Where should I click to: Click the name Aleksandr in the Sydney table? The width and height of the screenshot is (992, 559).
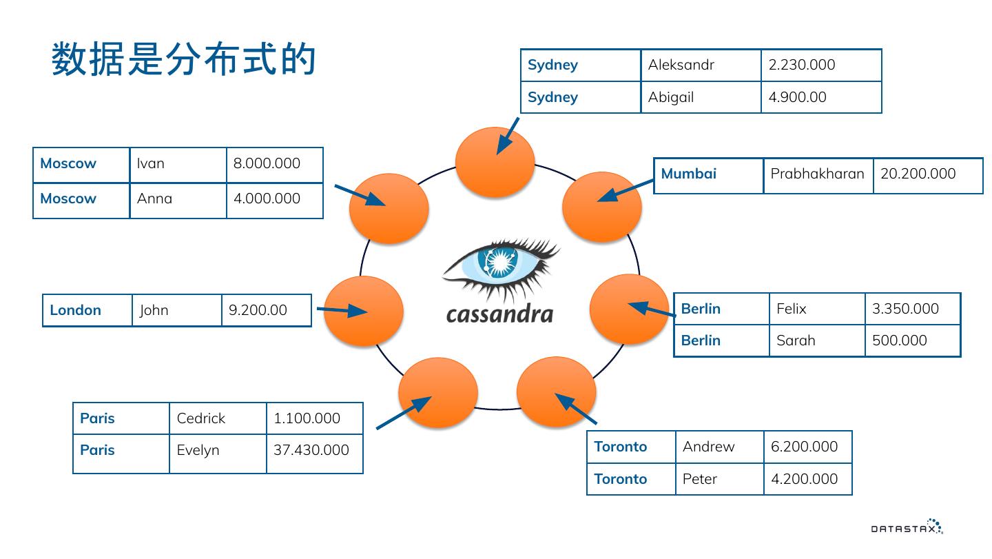click(x=681, y=65)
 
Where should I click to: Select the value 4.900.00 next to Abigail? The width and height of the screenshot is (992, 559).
click(x=797, y=97)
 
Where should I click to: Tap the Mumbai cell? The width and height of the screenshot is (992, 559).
click(x=689, y=174)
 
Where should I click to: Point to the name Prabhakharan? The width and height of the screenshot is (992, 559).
click(x=817, y=174)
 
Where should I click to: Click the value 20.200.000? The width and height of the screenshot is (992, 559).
click(x=918, y=174)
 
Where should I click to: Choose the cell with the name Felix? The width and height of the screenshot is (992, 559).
click(x=791, y=309)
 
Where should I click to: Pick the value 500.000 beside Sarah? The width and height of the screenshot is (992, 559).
click(x=899, y=341)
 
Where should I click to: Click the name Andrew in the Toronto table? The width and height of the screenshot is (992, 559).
click(x=708, y=447)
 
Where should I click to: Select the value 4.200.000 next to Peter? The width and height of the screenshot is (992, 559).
click(x=804, y=479)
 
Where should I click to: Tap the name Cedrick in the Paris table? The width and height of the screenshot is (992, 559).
click(x=200, y=418)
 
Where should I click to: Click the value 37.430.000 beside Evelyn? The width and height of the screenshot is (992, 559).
click(x=311, y=450)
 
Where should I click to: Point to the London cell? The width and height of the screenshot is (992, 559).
click(x=76, y=310)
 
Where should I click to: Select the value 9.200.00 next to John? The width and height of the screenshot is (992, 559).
click(x=258, y=310)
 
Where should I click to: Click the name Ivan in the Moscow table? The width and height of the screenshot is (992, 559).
click(x=151, y=163)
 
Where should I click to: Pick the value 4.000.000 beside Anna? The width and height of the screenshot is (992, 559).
click(x=267, y=199)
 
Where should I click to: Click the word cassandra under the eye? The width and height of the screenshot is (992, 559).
click(x=499, y=314)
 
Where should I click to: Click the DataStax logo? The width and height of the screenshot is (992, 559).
click(x=907, y=527)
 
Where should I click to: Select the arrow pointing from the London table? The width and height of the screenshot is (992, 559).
click(x=342, y=311)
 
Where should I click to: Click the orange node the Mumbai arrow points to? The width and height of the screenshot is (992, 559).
click(x=602, y=207)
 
